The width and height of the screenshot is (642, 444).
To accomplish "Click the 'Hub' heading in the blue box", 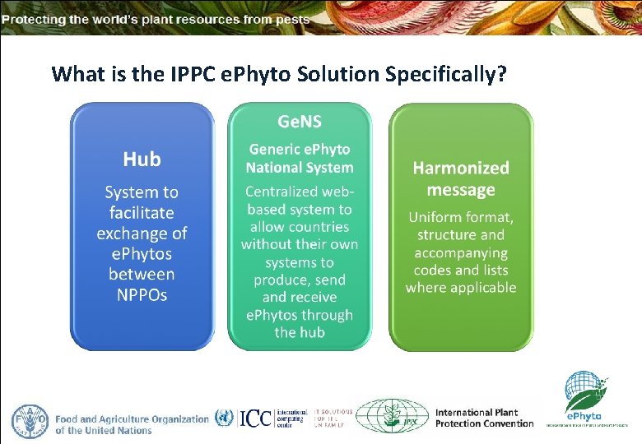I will coord(142,160).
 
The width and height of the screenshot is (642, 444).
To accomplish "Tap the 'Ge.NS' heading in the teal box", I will coord(299,123).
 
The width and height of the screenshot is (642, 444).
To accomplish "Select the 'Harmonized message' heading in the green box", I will coord(461,178).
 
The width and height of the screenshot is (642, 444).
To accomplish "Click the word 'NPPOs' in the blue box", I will coord(142,294).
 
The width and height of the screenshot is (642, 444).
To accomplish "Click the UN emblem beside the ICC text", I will coord(224,418).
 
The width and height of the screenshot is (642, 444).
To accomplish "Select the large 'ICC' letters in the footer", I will coord(256,418).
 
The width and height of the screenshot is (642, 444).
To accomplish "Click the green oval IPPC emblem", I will coord(392,416).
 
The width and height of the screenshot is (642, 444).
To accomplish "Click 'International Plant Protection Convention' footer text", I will coord(484,418).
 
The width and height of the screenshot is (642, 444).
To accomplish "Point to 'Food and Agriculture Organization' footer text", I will coord(132,419).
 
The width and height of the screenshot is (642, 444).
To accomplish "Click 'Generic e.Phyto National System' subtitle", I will coord(299,159).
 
